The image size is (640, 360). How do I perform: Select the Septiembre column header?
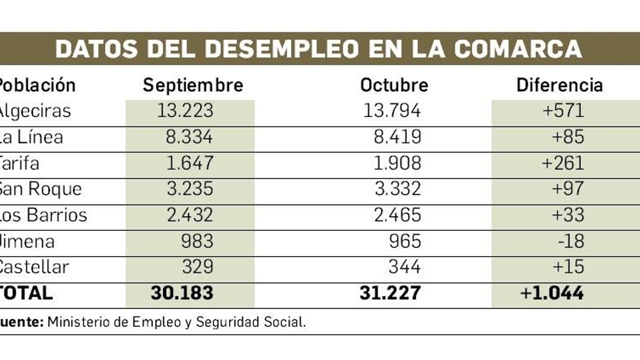point(193,85)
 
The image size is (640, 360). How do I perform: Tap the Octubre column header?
point(394,85)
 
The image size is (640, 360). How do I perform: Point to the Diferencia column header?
point(559,85)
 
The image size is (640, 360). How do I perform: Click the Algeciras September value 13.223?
point(185,111)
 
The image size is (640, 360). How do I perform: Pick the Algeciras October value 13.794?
point(392,111)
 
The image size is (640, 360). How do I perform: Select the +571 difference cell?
point(563,111)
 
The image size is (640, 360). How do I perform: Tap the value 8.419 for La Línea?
point(397,137)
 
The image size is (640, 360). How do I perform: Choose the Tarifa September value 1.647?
point(190,163)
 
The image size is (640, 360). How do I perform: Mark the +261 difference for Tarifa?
point(563,163)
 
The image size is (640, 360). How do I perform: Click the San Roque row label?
point(40,189)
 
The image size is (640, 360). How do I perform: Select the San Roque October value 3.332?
point(398,189)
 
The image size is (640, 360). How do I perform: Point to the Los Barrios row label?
point(43,215)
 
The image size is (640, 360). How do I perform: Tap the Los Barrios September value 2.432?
point(190,215)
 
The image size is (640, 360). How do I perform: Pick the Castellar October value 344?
point(404,267)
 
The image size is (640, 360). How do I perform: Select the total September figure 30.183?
point(182,293)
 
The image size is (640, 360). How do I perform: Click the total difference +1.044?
point(552,293)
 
